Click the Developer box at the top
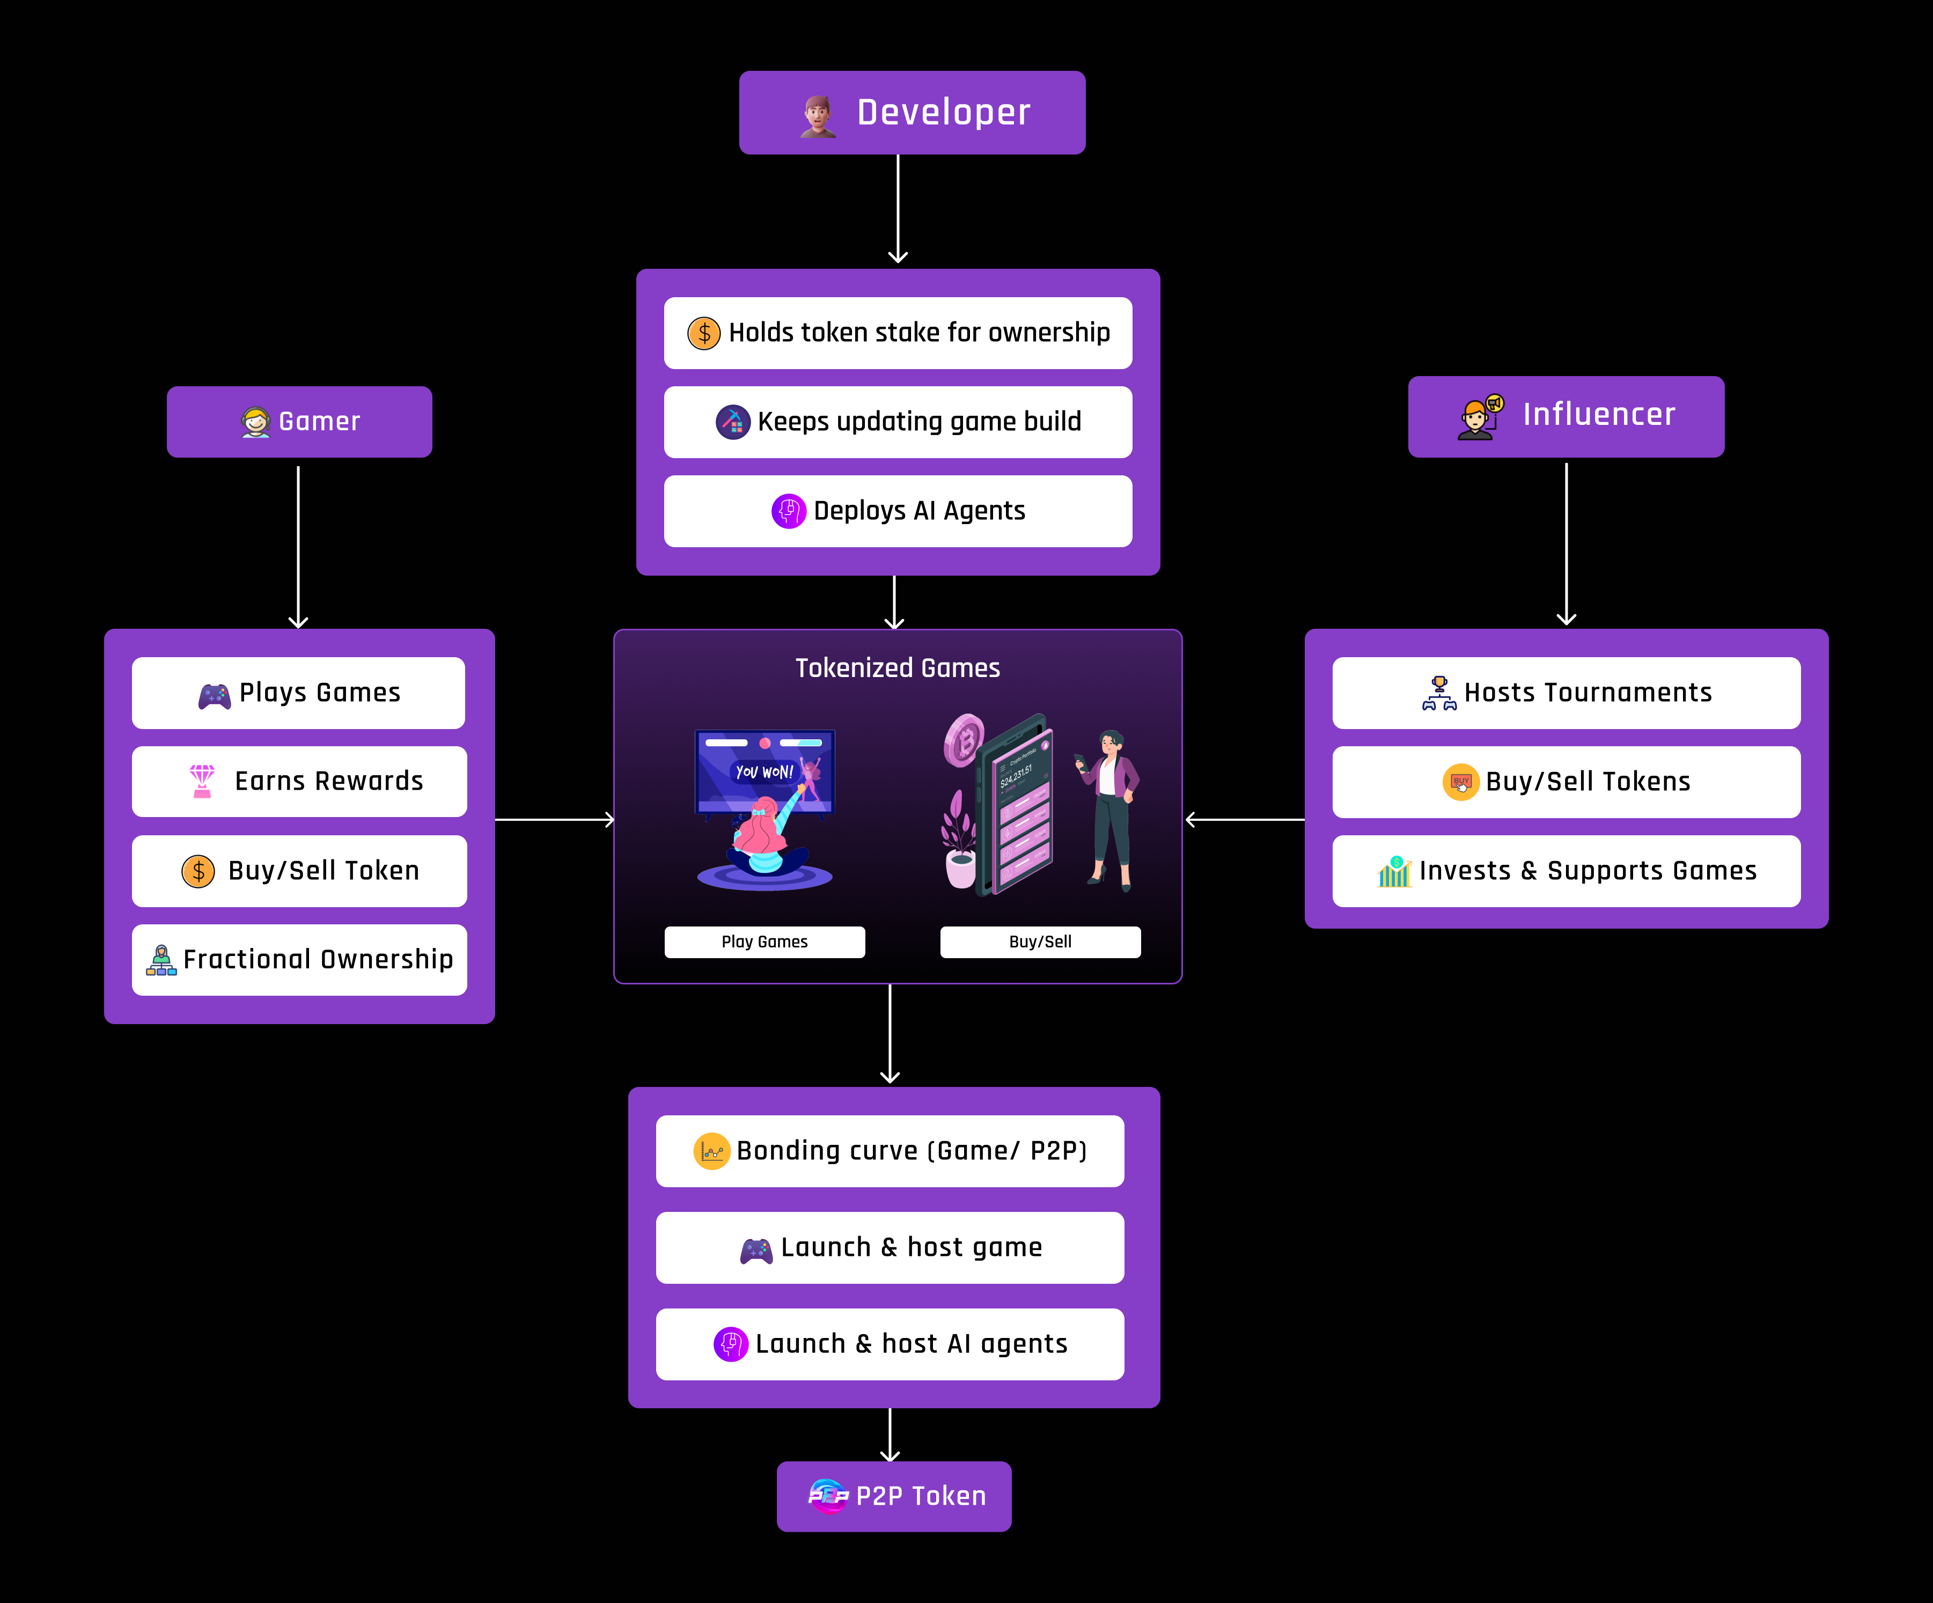tap(912, 112)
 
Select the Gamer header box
tap(299, 422)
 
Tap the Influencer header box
tap(1565, 416)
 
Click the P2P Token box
tap(894, 1496)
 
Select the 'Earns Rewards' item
tap(299, 781)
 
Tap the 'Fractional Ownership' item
tap(299, 960)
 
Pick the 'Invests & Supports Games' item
tap(1565, 871)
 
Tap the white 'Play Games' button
tap(764, 942)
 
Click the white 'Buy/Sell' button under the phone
tap(1040, 942)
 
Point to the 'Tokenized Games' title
tap(898, 668)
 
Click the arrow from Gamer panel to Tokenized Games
tap(554, 819)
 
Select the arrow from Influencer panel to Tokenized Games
tap(1245, 819)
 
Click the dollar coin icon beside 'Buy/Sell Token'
tap(198, 871)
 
